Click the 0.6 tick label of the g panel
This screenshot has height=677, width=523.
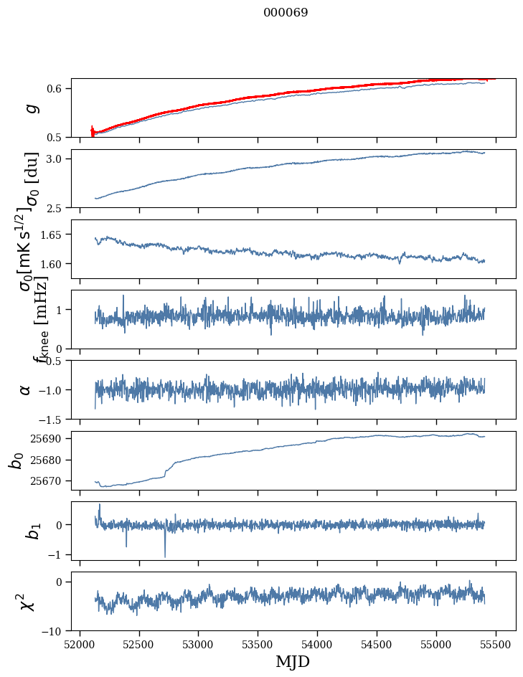tap(57, 88)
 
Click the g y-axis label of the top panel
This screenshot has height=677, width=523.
tap(29, 108)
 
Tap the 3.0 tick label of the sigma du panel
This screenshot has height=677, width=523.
tap(57, 158)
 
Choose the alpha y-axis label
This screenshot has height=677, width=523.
tap(25, 389)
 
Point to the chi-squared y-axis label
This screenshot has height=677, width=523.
tap(27, 602)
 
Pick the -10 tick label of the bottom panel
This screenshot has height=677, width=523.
tap(56, 631)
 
